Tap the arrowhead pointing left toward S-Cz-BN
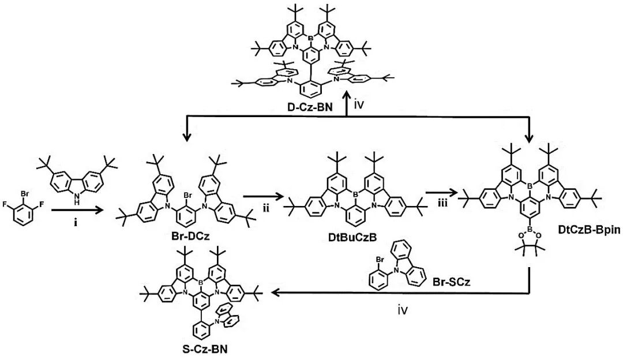(277, 293)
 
